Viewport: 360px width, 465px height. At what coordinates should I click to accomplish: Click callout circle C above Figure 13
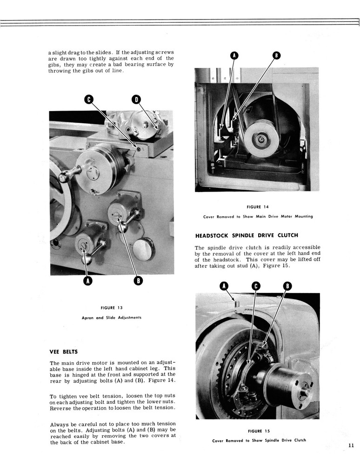(89, 99)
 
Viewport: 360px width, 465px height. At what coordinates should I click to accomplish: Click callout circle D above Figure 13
(136, 99)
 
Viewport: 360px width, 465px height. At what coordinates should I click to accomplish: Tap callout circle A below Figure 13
(87, 280)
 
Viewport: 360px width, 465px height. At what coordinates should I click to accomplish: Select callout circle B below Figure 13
(138, 280)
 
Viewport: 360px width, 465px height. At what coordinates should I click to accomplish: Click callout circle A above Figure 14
(234, 56)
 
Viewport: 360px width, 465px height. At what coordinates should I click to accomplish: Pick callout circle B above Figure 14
(276, 56)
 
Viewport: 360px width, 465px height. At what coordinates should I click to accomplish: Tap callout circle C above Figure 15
(256, 286)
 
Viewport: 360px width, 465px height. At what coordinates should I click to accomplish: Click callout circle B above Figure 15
(287, 286)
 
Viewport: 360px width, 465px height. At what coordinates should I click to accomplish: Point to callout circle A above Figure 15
(224, 286)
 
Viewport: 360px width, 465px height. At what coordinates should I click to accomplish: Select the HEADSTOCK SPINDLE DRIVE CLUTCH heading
(247, 235)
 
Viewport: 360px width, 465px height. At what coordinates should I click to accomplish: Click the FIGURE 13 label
(111, 307)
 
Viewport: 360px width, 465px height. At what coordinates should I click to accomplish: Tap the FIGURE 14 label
(257, 207)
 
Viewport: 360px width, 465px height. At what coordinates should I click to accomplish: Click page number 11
(350, 445)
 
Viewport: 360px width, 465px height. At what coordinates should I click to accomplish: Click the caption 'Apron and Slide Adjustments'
(111, 318)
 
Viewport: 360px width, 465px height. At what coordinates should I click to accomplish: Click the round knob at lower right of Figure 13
(144, 248)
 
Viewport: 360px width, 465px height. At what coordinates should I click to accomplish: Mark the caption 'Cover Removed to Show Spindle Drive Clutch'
(259, 440)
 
